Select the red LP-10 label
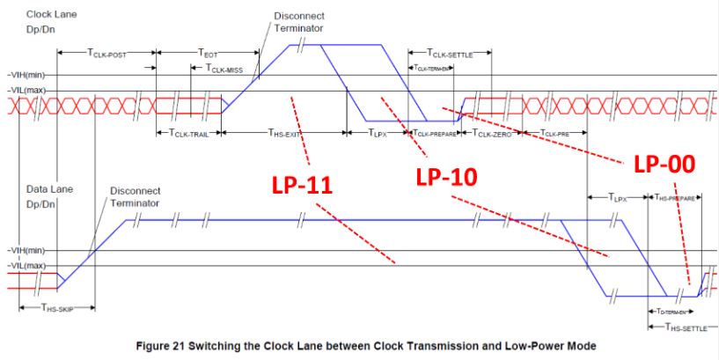445,176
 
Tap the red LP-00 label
664,164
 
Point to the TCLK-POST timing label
106,55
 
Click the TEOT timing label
208,53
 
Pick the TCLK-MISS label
224,69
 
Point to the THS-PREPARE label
675,198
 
